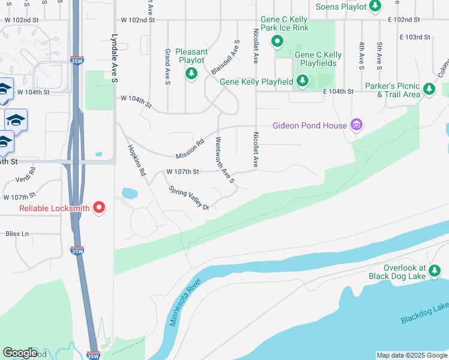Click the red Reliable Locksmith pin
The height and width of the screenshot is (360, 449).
coord(99,208)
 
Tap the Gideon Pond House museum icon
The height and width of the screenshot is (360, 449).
coord(357,125)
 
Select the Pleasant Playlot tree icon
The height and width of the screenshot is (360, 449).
coord(191,74)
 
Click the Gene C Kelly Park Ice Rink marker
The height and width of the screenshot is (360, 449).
coord(277,42)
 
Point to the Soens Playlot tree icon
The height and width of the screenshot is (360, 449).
coord(375,7)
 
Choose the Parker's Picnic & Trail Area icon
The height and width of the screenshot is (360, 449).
coord(429,89)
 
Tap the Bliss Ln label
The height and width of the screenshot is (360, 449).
coord(17,233)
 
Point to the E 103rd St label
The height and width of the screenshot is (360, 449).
coord(415,37)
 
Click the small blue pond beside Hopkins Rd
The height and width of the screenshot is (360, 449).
coord(130,193)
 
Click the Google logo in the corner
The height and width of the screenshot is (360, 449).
coord(20,353)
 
